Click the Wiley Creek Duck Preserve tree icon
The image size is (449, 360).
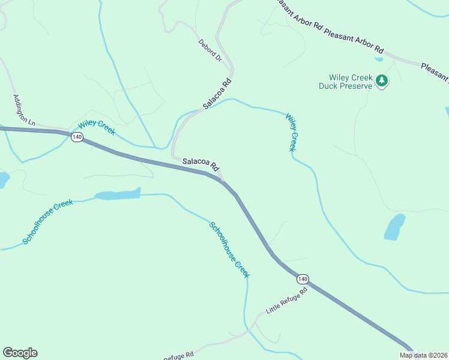[x=381, y=80]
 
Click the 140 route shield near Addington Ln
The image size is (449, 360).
[x=76, y=137]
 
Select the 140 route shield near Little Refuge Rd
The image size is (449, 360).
[x=303, y=279]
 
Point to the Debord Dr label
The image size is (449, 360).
[x=210, y=51]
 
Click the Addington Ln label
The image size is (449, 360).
[x=24, y=109]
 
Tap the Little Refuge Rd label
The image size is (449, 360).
[x=286, y=301]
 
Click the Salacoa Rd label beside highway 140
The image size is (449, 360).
[x=200, y=163]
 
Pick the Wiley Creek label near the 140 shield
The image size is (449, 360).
[x=96, y=128]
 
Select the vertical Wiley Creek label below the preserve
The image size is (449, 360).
[x=291, y=132]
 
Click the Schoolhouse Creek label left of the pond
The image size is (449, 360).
[x=48, y=222]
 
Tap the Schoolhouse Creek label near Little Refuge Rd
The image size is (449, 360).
[x=229, y=250]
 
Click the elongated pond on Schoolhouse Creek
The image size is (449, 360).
[x=118, y=194]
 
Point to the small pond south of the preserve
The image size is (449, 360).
[x=394, y=227]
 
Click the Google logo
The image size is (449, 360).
[x=20, y=353]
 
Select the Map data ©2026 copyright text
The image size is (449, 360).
[x=423, y=355]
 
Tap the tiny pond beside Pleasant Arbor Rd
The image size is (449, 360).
[x=378, y=59]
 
